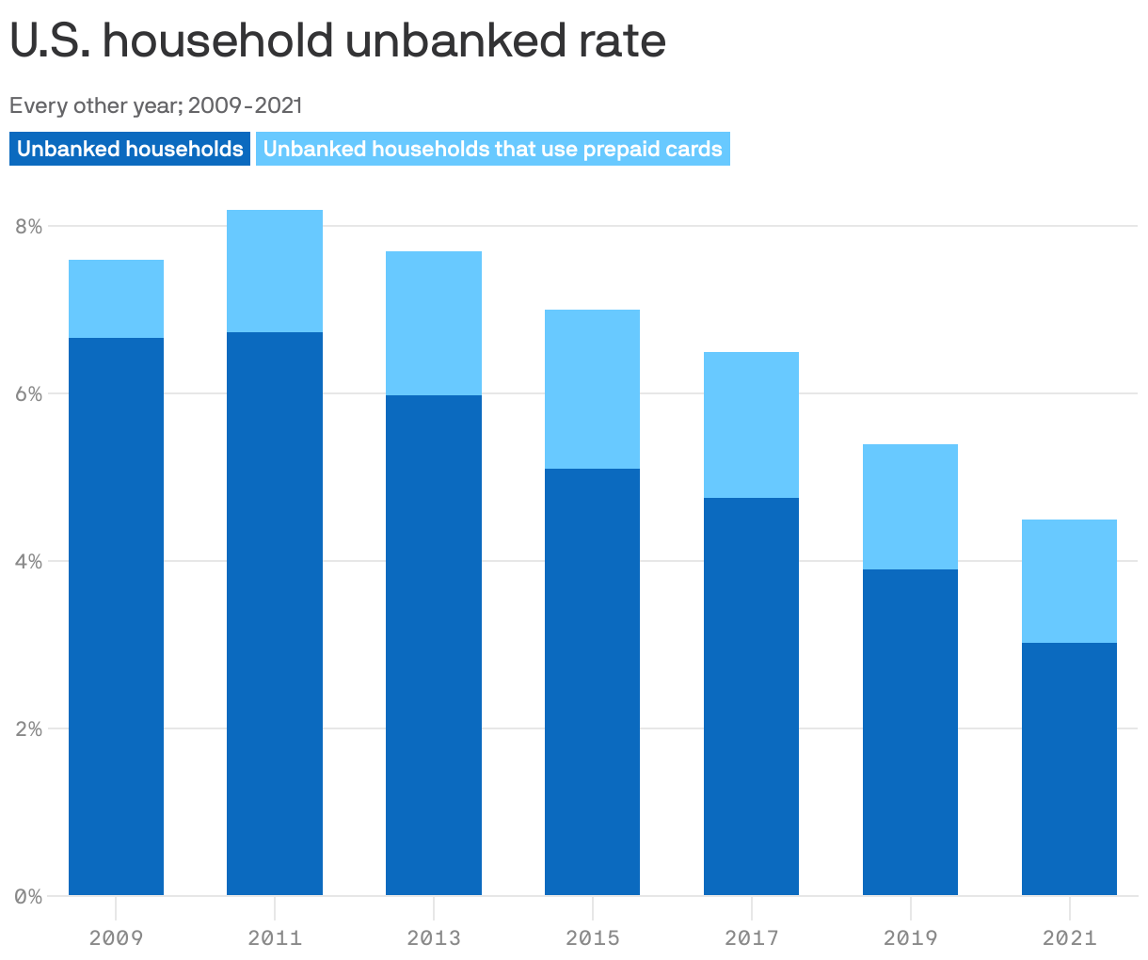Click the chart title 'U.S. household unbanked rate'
coord(338,41)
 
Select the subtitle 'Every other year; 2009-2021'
coord(156,105)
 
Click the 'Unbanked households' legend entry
coord(130,149)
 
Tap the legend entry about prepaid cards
coord(492,149)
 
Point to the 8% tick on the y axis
coord(28,227)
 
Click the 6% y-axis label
coord(28,394)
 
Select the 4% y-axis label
coord(28,562)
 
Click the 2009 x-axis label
coord(116,937)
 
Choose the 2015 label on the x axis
coord(593,937)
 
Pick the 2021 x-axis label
coord(1070,937)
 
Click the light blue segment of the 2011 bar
coord(275,271)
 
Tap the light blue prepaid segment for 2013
coord(434,323)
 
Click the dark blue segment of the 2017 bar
coord(751,696)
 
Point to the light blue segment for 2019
coord(910,506)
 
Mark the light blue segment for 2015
coord(593,389)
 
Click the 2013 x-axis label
coord(434,937)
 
